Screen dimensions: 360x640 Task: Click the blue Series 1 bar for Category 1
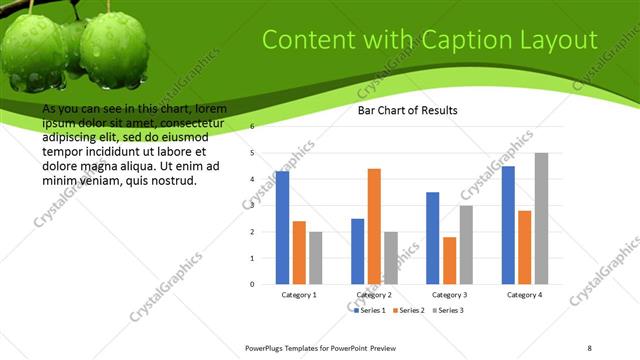[x=283, y=228]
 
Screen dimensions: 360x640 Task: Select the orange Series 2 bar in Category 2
[x=374, y=226]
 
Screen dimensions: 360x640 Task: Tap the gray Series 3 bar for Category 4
[x=541, y=218]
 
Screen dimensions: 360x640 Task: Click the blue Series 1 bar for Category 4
[x=508, y=225]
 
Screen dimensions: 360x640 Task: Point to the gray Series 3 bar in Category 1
[x=316, y=258]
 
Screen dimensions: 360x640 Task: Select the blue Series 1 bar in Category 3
[x=433, y=238]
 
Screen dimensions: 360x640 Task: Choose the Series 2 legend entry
[x=408, y=311]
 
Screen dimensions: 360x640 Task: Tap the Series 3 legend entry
[x=447, y=311]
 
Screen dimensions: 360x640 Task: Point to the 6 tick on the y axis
[x=252, y=127]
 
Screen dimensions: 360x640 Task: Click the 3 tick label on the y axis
[x=252, y=206]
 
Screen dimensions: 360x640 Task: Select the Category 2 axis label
[x=374, y=295]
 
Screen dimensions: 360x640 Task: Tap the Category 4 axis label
[x=525, y=295]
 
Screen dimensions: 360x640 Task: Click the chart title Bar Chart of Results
[x=408, y=111]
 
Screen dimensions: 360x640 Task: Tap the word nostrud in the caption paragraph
[x=172, y=181]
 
